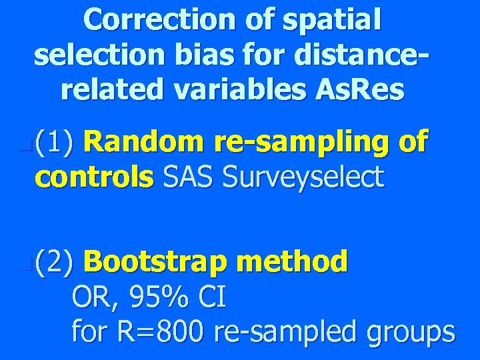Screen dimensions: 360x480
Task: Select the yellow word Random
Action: click(145, 142)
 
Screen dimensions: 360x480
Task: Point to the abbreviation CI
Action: click(213, 297)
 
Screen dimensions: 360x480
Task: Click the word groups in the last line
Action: click(410, 332)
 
